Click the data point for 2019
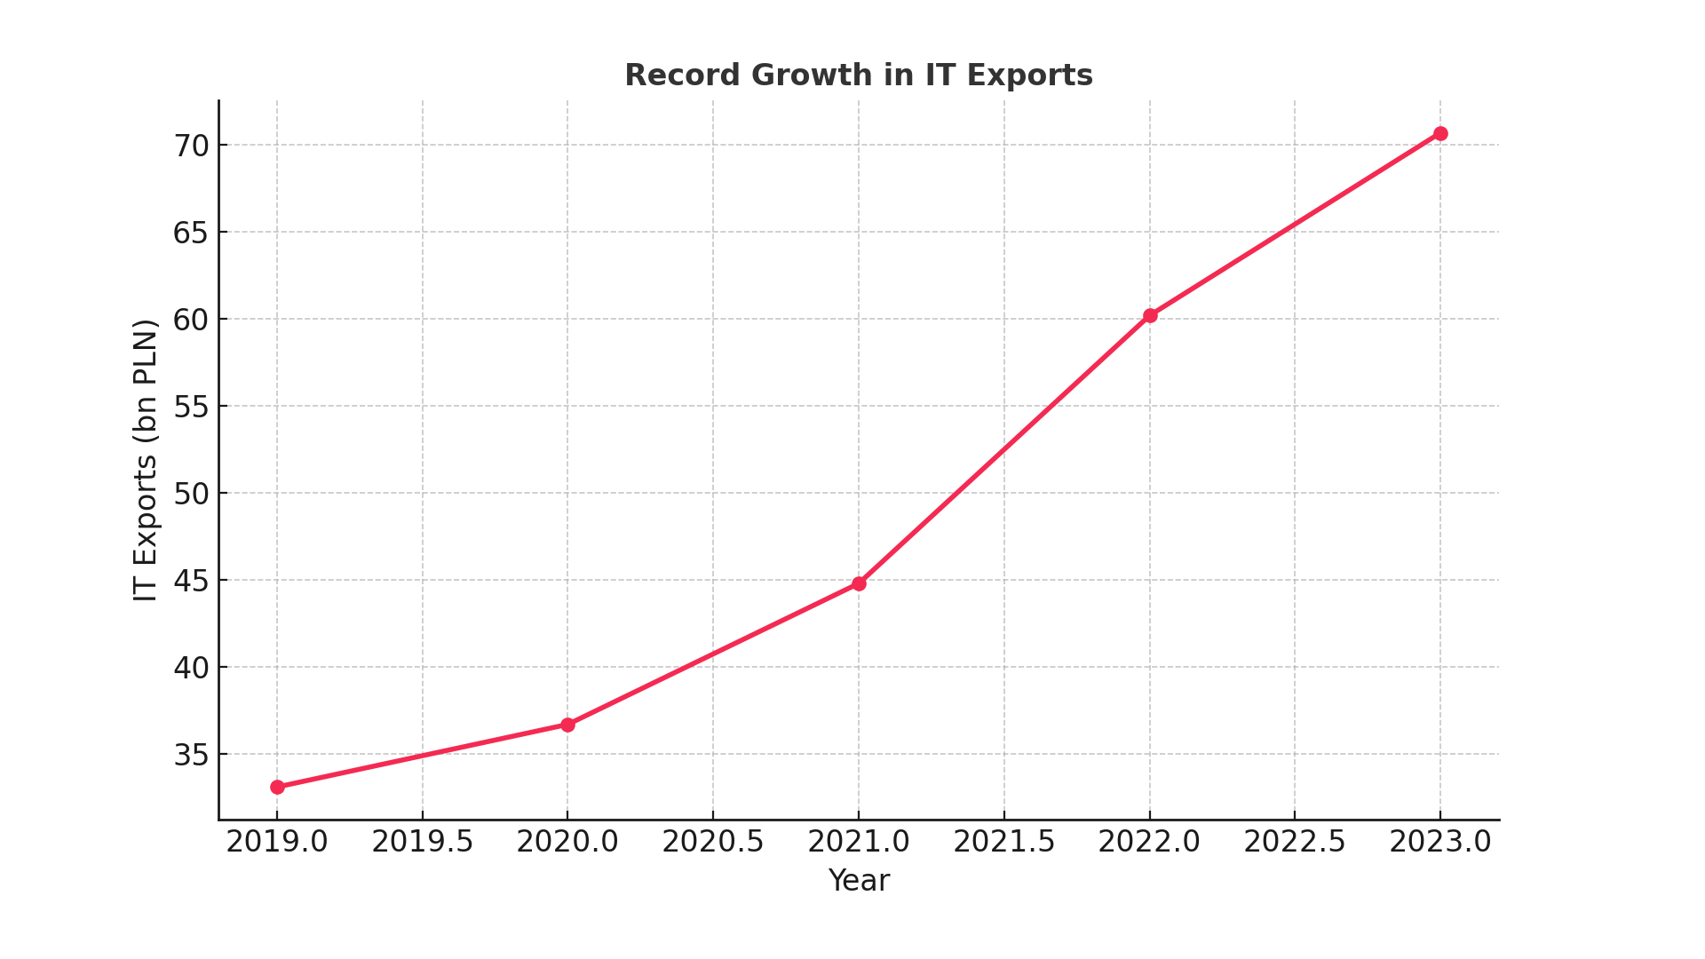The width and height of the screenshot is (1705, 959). pyautogui.click(x=277, y=787)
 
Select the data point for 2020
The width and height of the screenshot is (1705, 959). pyautogui.click(x=567, y=725)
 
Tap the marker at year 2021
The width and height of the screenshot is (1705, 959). pyautogui.click(x=859, y=583)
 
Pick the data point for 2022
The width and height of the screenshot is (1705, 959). pyautogui.click(x=1150, y=315)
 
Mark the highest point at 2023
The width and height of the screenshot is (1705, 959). pyautogui.click(x=1440, y=133)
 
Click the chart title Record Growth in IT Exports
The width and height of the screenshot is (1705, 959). pyautogui.click(x=859, y=75)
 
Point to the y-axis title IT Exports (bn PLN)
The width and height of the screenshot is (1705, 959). pyautogui.click(x=146, y=460)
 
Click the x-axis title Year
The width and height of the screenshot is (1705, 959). pyautogui.click(x=859, y=881)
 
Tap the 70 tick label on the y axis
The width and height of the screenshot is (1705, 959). pyautogui.click(x=190, y=146)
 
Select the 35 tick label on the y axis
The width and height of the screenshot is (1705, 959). pyautogui.click(x=190, y=755)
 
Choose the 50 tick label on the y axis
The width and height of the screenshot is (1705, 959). pyautogui.click(x=190, y=494)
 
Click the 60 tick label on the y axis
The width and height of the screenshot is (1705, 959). pyautogui.click(x=190, y=320)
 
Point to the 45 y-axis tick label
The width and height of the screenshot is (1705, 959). pyautogui.click(x=190, y=581)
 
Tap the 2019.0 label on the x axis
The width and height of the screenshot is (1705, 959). pyautogui.click(x=277, y=842)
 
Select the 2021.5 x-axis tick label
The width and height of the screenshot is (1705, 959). pyautogui.click(x=1004, y=842)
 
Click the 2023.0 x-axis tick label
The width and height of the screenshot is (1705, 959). pyautogui.click(x=1440, y=842)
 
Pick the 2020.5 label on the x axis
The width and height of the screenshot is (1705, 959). pyautogui.click(x=713, y=842)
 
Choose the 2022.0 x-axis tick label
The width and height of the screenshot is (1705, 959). pyautogui.click(x=1150, y=842)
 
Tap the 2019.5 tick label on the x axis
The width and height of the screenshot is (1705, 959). pyautogui.click(x=423, y=842)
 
